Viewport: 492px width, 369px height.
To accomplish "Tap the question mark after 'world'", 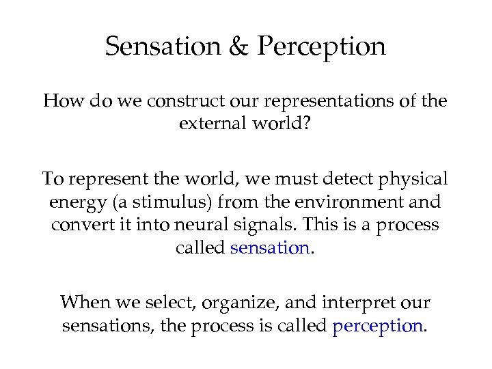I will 308,124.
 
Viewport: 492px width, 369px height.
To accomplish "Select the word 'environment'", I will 350,203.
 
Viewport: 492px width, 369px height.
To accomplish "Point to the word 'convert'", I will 81,225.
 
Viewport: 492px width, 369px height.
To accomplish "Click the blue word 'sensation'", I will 271,248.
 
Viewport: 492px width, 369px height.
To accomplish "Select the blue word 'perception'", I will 378,327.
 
